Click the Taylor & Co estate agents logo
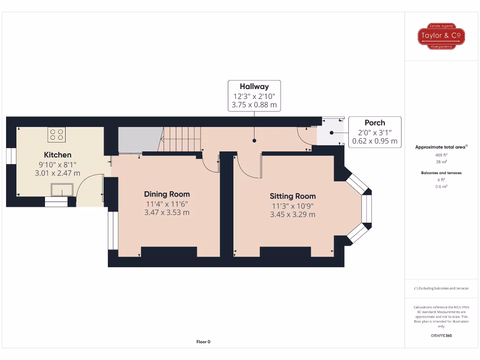tap(441, 37)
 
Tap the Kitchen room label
tap(58, 155)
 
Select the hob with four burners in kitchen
tap(57, 135)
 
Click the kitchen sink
tap(62, 190)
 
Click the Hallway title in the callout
tap(254, 86)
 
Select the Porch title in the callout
tap(375, 123)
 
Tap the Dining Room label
tap(167, 194)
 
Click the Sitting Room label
tap(292, 196)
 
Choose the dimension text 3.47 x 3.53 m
tap(167, 212)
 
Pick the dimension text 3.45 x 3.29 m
tap(292, 214)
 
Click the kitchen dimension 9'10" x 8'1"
tap(58, 164)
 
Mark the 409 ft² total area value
tap(441, 155)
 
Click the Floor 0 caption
tap(203, 342)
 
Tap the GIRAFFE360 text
tap(441, 336)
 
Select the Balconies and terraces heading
tap(441, 173)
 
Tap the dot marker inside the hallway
tap(254, 140)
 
